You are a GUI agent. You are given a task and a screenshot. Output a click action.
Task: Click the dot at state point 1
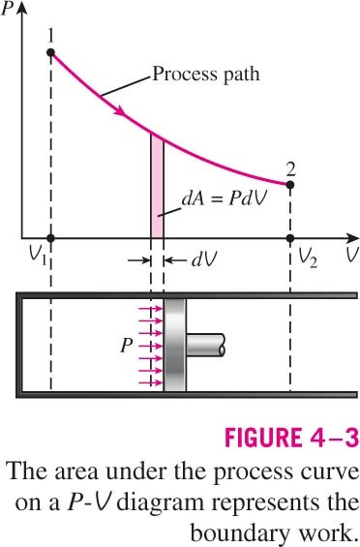(51, 52)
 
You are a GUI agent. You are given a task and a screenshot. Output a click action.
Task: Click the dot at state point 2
(290, 185)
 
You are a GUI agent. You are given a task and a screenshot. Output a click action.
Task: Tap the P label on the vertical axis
(7, 10)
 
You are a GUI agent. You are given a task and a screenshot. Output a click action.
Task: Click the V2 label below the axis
(308, 259)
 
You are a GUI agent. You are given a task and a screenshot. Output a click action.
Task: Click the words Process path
(206, 75)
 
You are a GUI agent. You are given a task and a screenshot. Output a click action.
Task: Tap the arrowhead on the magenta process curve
(119, 110)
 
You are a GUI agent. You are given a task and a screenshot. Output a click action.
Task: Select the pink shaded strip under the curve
(157, 187)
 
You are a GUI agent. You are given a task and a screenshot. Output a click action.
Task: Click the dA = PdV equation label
(225, 199)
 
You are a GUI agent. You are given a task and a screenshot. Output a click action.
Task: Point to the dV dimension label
(204, 259)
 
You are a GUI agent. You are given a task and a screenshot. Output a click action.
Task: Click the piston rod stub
(205, 345)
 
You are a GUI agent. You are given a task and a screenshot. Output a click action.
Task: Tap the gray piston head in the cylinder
(175, 345)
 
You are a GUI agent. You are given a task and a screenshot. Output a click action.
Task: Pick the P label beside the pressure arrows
(126, 346)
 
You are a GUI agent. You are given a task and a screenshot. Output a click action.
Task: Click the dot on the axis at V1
(51, 238)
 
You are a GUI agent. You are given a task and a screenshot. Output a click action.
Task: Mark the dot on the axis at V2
(290, 238)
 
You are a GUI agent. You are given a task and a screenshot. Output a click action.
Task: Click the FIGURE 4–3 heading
(291, 437)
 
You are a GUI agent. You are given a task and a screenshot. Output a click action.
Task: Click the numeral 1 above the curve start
(51, 35)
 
